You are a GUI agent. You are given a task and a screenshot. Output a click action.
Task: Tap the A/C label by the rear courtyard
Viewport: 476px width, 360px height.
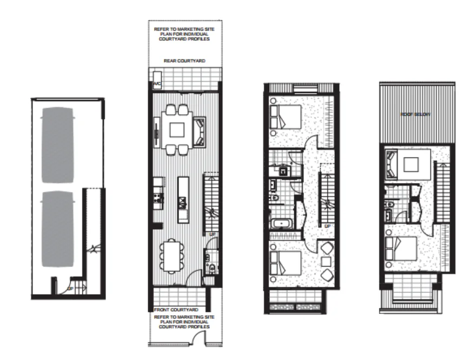157,85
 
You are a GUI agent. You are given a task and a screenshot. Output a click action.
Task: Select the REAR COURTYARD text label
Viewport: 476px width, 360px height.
184,62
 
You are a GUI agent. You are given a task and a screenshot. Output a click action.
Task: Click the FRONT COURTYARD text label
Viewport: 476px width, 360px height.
176,310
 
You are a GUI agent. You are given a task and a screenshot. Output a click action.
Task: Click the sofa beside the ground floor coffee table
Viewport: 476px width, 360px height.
199,131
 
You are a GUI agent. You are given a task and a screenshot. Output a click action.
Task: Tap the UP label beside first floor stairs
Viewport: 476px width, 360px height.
327,225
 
